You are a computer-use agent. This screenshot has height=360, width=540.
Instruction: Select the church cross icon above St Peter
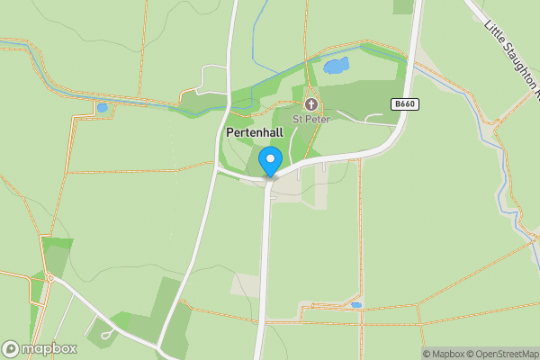pyautogui.click(x=312, y=103)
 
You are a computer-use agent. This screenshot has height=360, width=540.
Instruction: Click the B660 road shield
pyautogui.click(x=404, y=104)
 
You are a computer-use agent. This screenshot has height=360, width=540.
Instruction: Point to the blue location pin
pyautogui.click(x=269, y=163)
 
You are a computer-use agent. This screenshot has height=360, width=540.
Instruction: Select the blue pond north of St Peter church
pyautogui.click(x=335, y=65)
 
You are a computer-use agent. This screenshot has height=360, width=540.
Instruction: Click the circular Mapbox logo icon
pyautogui.click(x=12, y=348)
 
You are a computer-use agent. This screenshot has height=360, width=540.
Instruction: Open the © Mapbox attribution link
pyautogui.click(x=445, y=354)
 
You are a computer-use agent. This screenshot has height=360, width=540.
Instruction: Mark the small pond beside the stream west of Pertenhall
pyautogui.click(x=103, y=108)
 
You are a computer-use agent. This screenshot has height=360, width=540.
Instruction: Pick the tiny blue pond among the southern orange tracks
pyautogui.click(x=356, y=305)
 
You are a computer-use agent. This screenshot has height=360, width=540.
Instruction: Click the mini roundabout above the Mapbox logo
pyautogui.click(x=51, y=279)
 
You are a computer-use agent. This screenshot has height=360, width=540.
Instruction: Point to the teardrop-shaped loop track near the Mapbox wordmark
pyautogui.click(x=107, y=335)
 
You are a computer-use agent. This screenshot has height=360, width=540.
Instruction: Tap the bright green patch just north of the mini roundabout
pyautogui.click(x=56, y=244)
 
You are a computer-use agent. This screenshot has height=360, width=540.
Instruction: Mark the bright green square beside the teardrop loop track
pyautogui.click(x=121, y=319)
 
